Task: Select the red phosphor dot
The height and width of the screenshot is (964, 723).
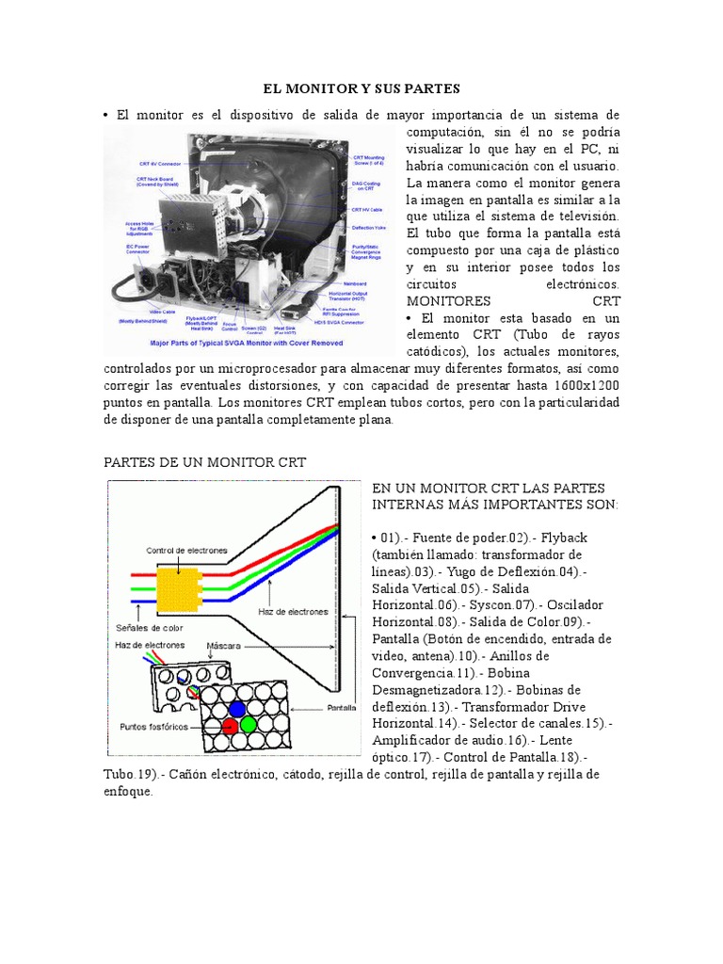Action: (230, 726)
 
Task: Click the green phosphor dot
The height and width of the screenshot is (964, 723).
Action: (249, 725)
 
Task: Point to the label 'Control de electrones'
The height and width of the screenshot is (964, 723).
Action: (185, 550)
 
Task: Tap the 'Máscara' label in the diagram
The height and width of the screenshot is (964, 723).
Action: (223, 646)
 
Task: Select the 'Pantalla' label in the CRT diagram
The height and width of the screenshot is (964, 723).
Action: (341, 707)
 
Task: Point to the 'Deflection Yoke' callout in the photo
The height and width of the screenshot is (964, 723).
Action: (368, 226)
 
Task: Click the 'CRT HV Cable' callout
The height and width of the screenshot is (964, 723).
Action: (366, 209)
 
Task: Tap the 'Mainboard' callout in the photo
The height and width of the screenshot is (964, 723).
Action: (355, 282)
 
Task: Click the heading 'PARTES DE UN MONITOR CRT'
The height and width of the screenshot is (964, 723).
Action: (204, 462)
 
